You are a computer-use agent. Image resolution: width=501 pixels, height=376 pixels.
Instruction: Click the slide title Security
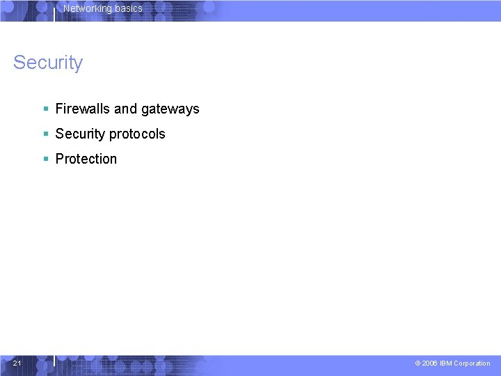[x=47, y=63]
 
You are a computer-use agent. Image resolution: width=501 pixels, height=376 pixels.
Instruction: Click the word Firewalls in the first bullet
[x=83, y=109]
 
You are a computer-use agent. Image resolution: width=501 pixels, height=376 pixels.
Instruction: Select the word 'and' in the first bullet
[x=125, y=109]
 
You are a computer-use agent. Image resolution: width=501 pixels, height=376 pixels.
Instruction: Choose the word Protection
[x=86, y=159]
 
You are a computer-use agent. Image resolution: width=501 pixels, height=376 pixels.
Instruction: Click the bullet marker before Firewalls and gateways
[x=45, y=109]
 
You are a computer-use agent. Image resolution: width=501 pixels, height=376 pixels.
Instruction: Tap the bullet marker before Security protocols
[x=45, y=134]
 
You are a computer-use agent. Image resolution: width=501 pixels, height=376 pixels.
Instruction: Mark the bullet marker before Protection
[x=45, y=159]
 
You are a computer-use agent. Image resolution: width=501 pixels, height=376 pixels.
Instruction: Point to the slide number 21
[x=17, y=363]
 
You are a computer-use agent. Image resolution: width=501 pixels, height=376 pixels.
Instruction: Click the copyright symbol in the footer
[x=417, y=363]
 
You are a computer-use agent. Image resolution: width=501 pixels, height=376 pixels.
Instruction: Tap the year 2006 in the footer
[x=430, y=363]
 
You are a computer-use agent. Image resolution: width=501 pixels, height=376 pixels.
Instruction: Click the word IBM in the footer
[x=445, y=363]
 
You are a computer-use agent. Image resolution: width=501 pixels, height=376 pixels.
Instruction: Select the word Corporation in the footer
[x=472, y=363]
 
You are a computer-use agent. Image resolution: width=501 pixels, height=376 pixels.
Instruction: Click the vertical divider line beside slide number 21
[x=54, y=360]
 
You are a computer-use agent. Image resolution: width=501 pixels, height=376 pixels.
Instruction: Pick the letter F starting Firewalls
[x=59, y=109]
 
